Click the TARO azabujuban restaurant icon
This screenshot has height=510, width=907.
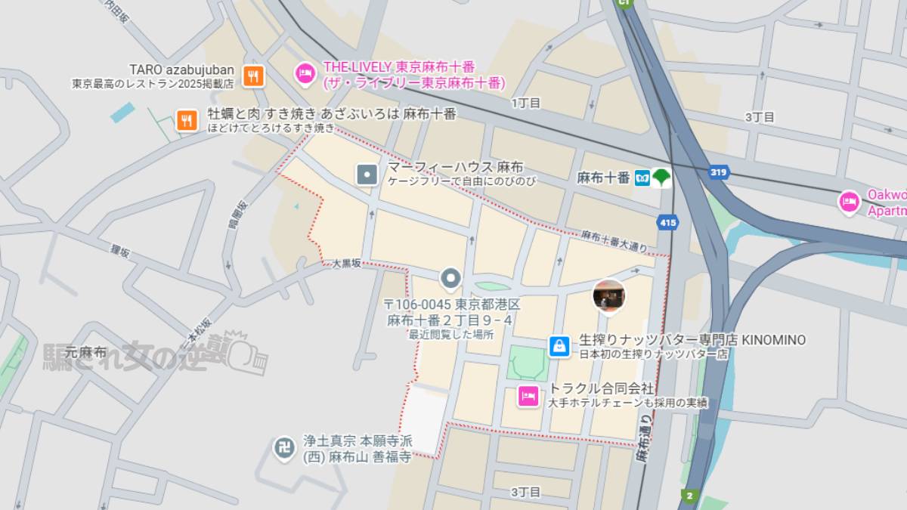[254, 76]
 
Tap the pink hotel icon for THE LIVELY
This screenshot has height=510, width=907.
[304, 73]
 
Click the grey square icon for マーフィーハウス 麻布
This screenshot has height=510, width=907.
[367, 175]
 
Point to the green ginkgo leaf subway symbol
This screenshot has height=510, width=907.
[662, 178]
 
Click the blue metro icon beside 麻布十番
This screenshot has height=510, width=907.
[642, 178]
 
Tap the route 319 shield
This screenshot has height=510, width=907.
[719, 172]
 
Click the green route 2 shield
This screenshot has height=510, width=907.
[688, 496]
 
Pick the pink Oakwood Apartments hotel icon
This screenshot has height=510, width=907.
[850, 202]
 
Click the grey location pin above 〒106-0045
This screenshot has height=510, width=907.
[451, 279]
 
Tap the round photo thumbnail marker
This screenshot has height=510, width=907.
[608, 295]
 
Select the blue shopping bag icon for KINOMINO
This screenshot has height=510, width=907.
[559, 346]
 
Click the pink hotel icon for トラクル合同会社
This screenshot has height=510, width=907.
[528, 395]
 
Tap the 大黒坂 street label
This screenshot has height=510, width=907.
[346, 264]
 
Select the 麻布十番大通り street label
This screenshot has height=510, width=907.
[614, 241]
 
